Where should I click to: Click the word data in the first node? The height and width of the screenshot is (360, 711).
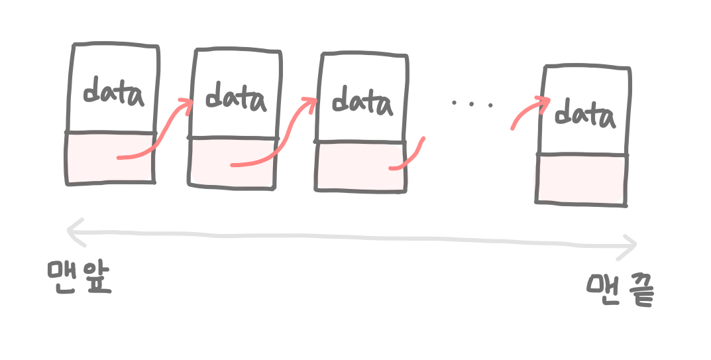click(x=113, y=93)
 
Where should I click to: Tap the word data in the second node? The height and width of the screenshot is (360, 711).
click(x=235, y=99)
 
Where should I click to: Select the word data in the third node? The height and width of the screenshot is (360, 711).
click(x=361, y=103)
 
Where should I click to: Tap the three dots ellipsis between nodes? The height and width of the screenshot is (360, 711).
click(x=472, y=103)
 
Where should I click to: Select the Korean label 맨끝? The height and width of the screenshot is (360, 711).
click(x=620, y=289)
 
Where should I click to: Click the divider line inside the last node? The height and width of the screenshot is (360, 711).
click(x=582, y=155)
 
